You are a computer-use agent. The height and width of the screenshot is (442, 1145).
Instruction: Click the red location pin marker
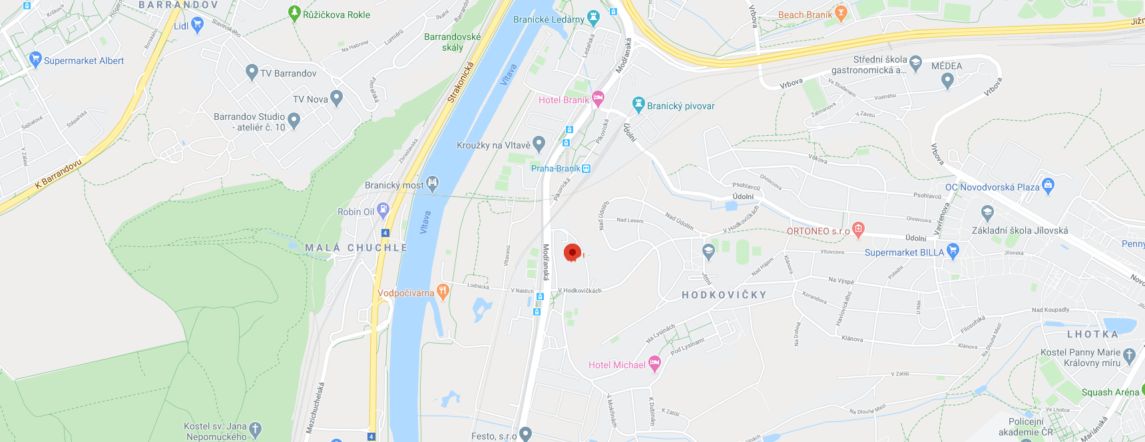tap(572, 253)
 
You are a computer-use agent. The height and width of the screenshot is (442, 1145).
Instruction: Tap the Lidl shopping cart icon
tap(197, 25)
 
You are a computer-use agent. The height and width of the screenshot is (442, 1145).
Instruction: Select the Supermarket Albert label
tap(84, 61)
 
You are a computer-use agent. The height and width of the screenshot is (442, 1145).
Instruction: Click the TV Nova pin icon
tap(336, 99)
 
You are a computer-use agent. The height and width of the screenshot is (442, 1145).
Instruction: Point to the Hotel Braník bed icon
tap(598, 99)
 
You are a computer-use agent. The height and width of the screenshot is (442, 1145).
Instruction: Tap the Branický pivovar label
tap(680, 106)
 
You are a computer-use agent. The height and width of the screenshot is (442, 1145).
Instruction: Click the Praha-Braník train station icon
tap(586, 168)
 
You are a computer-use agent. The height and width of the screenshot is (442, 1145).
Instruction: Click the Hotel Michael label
tap(616, 365)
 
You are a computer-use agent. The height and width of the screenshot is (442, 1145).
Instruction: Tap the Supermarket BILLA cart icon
tap(953, 251)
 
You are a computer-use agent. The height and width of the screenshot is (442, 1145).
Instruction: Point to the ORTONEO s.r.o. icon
tap(858, 230)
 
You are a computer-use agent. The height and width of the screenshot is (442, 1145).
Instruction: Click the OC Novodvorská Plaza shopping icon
tap(1048, 186)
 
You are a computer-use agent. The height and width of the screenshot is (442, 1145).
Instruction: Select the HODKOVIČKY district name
tap(724, 295)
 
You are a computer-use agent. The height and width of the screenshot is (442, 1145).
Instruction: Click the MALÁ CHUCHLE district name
tap(356, 248)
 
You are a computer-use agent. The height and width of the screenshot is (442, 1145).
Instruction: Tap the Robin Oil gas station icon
tap(383, 210)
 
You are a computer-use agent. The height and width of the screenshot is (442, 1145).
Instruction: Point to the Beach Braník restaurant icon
tap(841, 13)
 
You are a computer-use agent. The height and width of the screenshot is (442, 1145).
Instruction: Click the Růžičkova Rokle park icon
tap(294, 13)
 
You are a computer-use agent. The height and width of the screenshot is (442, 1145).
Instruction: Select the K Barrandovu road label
tap(59, 173)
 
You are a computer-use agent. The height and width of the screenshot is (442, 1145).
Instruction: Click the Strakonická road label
tap(460, 83)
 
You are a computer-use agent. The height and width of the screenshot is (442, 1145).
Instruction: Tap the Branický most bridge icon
tap(433, 184)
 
